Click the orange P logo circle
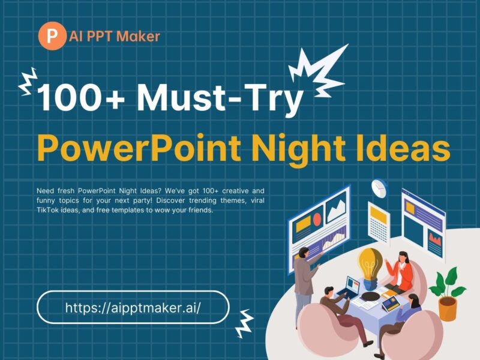click(52, 36)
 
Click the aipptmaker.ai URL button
click(133, 307)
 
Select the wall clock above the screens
click(379, 188)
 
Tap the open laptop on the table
click(349, 291)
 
